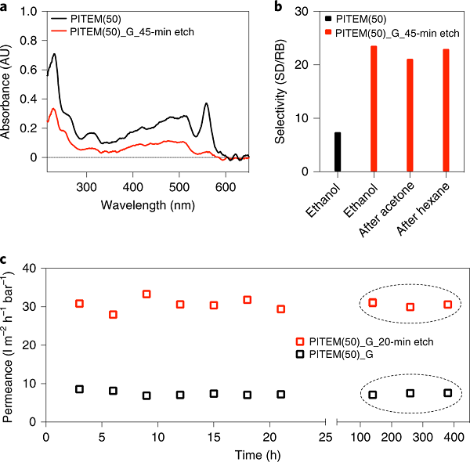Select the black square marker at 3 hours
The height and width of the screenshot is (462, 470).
[79, 389]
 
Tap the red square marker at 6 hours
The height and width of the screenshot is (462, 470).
[113, 315]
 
